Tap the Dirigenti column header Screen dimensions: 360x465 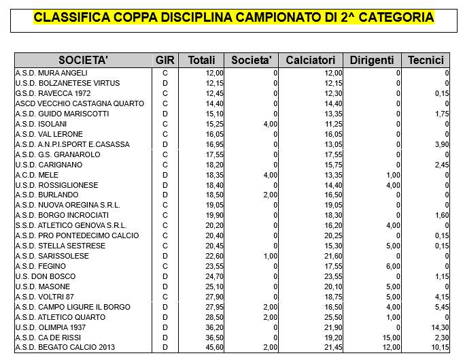point(372,60)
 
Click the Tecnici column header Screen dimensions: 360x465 point(426,60)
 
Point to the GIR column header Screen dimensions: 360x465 point(165,60)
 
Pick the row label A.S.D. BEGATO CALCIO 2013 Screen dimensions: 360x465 point(64,348)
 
